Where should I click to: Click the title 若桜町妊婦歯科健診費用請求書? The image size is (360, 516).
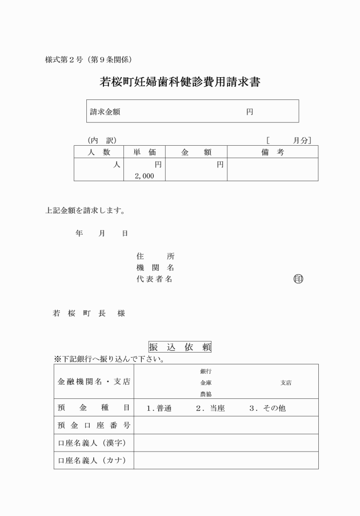click(x=180, y=82)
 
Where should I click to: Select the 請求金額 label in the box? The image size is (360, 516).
click(x=105, y=112)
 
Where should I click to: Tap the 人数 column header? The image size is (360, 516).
click(x=99, y=152)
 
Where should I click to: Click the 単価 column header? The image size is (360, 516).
click(x=145, y=152)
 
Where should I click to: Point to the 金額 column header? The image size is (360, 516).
click(x=196, y=152)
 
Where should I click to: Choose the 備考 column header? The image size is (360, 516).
click(x=272, y=152)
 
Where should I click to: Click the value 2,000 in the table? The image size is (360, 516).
click(x=145, y=177)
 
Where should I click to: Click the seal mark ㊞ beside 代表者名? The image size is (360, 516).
click(x=298, y=279)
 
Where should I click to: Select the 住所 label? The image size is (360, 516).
click(x=155, y=256)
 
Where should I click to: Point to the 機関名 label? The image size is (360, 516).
click(x=155, y=267)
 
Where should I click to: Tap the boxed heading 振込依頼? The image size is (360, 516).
click(x=180, y=347)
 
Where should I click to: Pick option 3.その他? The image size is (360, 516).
click(x=267, y=409)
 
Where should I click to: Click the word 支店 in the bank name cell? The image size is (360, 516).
click(x=286, y=383)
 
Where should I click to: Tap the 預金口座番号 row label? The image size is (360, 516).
click(x=94, y=426)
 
